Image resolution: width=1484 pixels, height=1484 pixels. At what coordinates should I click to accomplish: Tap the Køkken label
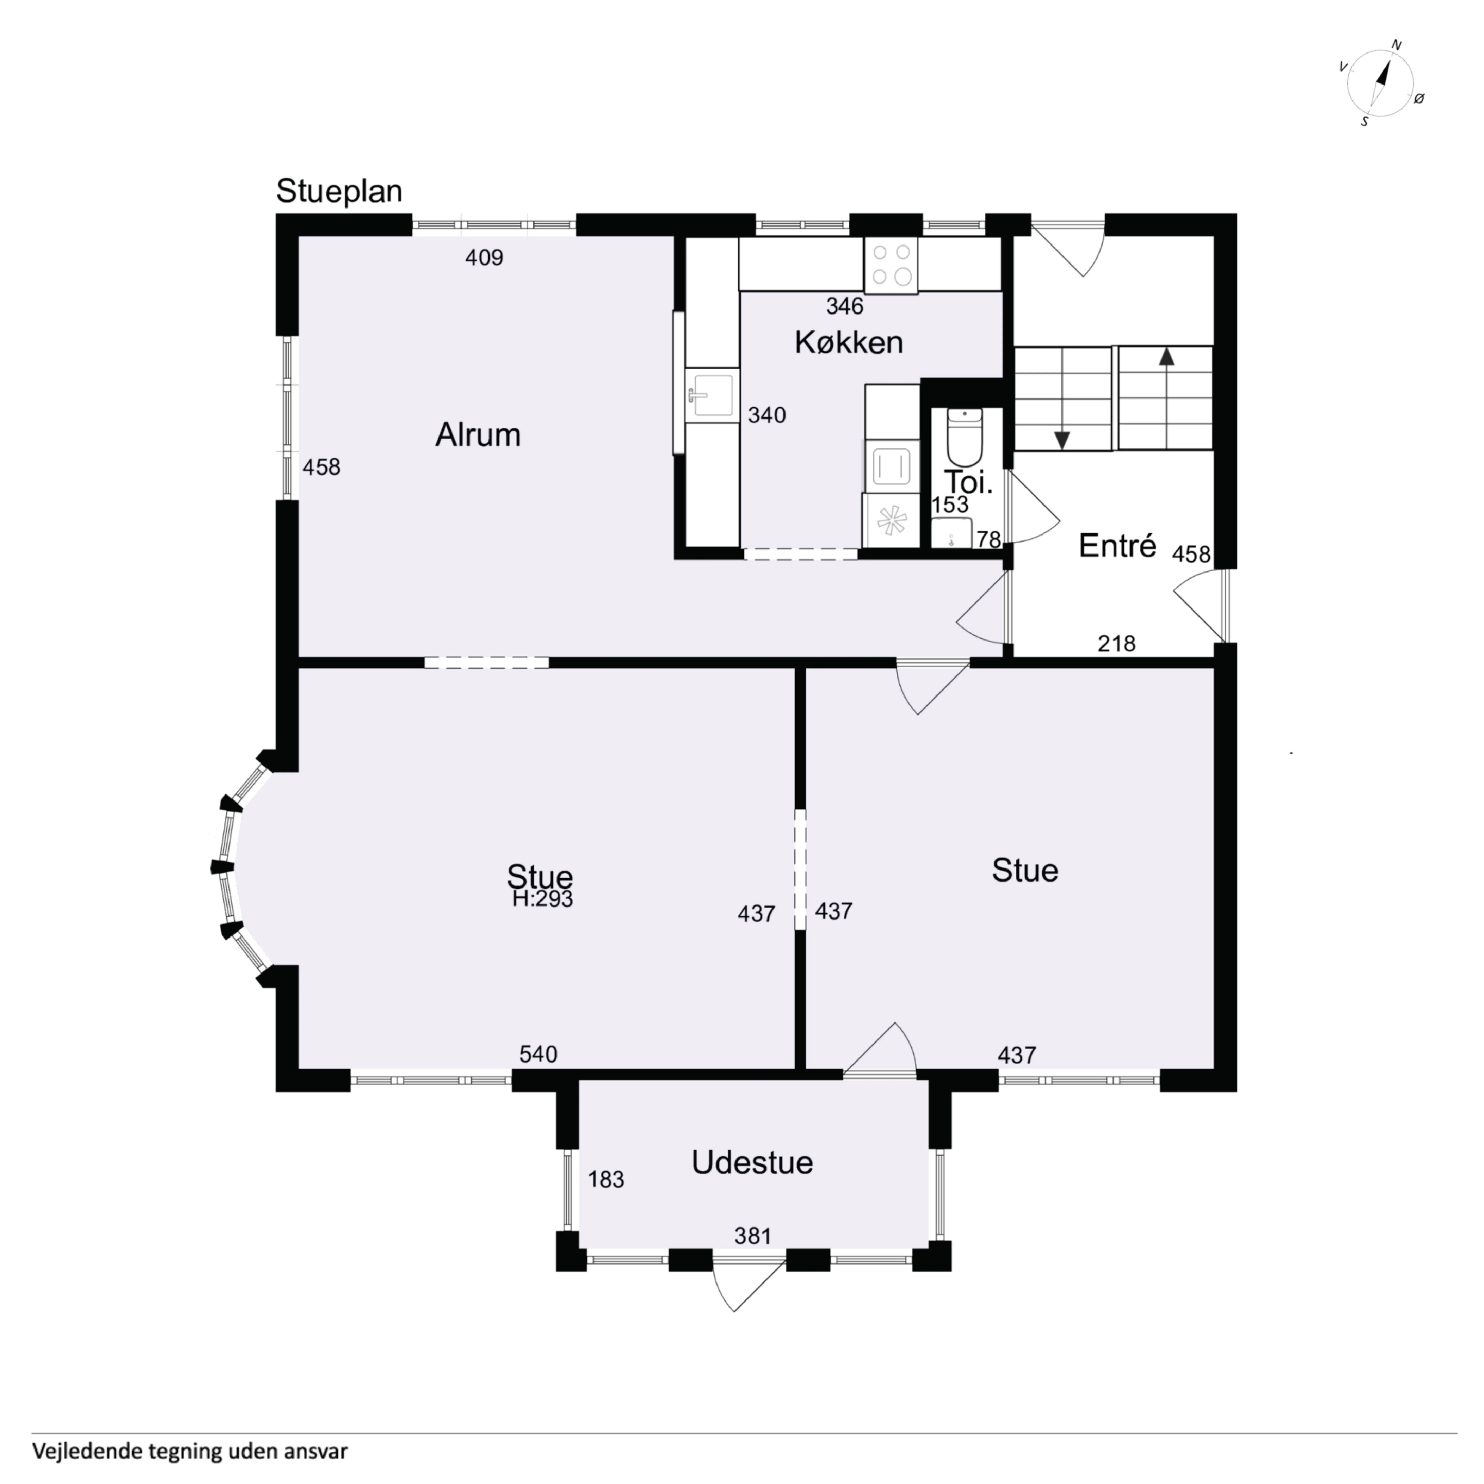[849, 343]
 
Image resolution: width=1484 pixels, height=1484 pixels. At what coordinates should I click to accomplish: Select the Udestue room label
[752, 1162]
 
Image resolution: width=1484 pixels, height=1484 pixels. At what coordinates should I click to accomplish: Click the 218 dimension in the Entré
[1116, 644]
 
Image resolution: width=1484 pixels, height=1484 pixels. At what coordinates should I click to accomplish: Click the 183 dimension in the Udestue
[606, 1179]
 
